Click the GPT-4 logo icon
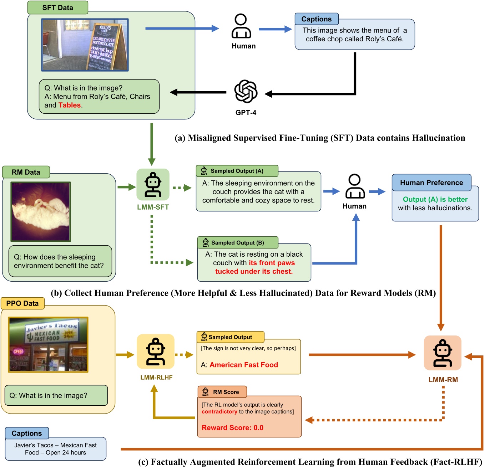[x=246, y=92]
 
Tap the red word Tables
[x=70, y=105]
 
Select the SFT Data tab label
[x=57, y=8]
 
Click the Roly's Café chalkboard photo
[x=85, y=45]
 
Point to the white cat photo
[x=41, y=211]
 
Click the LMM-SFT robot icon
[x=153, y=185]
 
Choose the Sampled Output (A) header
[x=237, y=171]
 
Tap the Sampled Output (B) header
[x=237, y=243]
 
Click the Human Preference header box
[x=431, y=183]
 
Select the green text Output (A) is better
[x=435, y=199]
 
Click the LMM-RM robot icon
[x=443, y=353]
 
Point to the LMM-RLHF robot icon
[x=156, y=352]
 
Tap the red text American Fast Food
[x=244, y=365]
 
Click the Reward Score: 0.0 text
[x=232, y=428]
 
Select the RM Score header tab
[x=222, y=392]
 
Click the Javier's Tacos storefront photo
[x=48, y=345]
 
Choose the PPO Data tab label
[x=22, y=303]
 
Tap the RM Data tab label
[x=26, y=172]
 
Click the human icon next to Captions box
[x=241, y=26]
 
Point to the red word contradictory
[x=219, y=412]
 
